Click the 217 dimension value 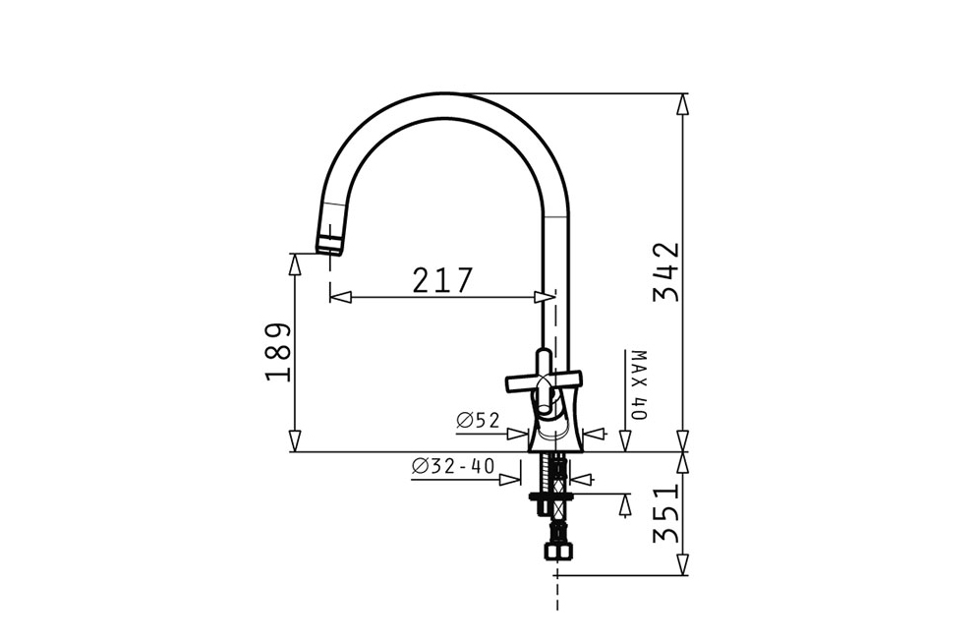tap(442, 280)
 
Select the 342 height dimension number tap(666, 272)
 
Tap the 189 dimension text tap(278, 353)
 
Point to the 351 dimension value tap(666, 513)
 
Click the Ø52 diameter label tap(479, 421)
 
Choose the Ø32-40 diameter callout tap(453, 466)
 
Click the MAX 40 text tap(639, 385)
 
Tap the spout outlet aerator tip tap(329, 244)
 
